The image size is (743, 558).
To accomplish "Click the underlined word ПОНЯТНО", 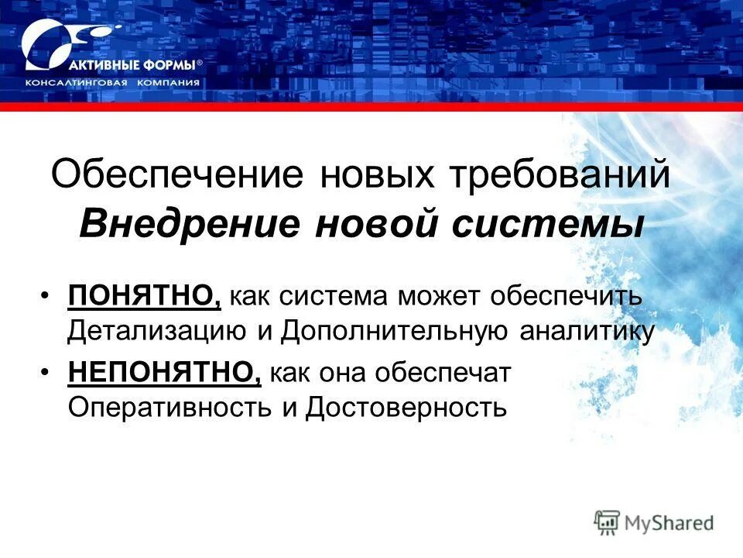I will point(143,295).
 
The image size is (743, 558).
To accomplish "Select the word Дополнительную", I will point(395,332).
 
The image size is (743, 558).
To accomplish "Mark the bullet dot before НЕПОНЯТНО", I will point(48,373).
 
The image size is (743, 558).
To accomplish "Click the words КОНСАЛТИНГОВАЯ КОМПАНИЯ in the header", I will point(112,83).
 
